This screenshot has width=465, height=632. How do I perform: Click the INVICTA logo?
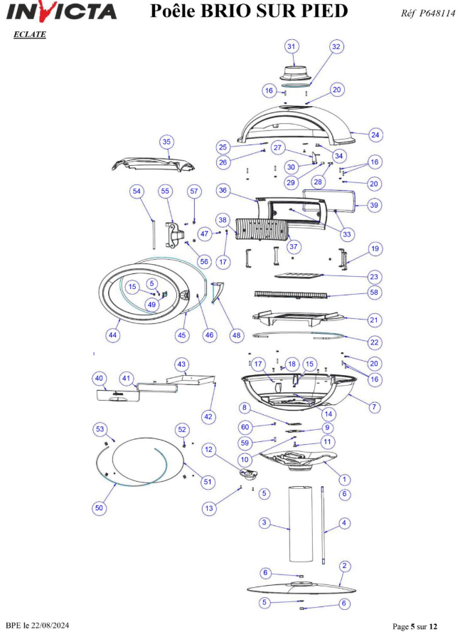(61, 11)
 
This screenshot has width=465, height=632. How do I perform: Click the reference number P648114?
(437, 13)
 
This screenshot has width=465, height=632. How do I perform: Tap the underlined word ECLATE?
(30, 34)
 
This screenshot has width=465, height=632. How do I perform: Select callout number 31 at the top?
(291, 46)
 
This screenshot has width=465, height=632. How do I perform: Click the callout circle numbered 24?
(375, 135)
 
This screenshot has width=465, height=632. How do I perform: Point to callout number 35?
(166, 142)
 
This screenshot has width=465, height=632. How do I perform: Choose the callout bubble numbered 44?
(113, 335)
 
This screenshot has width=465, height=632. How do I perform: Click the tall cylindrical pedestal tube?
(301, 524)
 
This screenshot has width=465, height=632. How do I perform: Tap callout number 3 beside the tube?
(264, 523)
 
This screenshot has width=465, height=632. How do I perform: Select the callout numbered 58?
(374, 293)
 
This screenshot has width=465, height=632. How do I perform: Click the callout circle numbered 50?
(99, 508)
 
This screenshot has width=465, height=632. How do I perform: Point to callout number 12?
(208, 449)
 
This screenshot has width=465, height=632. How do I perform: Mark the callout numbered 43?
(181, 364)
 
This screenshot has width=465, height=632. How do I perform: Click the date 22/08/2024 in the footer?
(50, 626)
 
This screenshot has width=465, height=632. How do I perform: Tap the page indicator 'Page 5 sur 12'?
(415, 626)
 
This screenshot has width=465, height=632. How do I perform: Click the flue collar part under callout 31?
(296, 74)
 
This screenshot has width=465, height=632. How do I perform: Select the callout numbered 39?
(374, 205)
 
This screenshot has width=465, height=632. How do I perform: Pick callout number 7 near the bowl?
(375, 406)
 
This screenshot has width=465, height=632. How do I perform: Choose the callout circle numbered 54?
(137, 191)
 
